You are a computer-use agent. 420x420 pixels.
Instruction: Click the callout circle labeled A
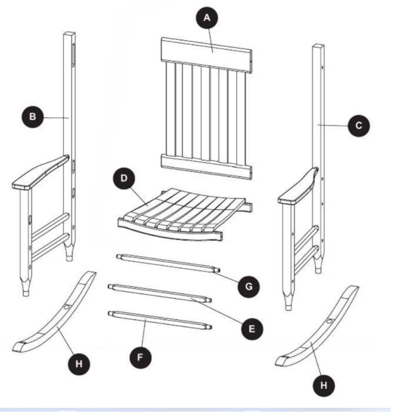point(207,18)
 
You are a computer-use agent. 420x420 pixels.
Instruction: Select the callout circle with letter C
point(358,126)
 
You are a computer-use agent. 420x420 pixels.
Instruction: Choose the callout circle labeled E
point(251,329)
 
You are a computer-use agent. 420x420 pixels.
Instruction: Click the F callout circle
point(140,357)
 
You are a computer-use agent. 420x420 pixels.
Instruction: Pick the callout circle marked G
point(249,286)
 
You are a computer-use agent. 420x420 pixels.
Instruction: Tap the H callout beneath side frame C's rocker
point(323,386)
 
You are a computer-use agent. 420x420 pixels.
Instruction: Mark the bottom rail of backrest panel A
point(206,167)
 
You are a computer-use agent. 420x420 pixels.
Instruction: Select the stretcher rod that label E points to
point(160,292)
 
